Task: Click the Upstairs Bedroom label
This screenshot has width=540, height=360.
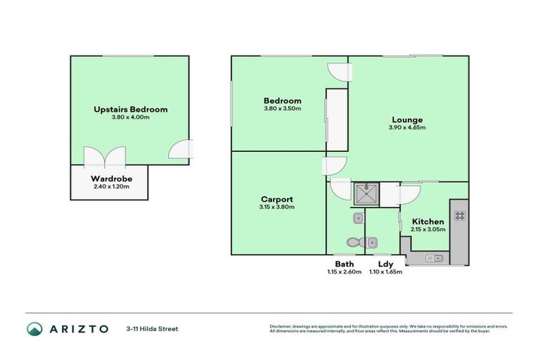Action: [x=130, y=110]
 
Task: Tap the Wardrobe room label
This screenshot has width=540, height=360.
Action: [x=111, y=179]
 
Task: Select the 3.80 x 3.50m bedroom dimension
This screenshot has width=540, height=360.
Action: [x=282, y=108]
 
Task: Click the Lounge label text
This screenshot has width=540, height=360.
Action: [x=407, y=120]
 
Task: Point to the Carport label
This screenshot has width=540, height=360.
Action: [x=276, y=199]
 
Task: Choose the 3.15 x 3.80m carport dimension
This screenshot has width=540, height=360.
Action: [x=276, y=207]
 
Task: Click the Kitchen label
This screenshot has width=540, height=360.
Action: [x=427, y=221]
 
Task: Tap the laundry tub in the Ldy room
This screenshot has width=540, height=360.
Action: [x=372, y=243]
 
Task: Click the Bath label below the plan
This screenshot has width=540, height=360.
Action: [x=344, y=264]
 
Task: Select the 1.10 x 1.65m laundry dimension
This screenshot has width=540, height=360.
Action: [x=386, y=272]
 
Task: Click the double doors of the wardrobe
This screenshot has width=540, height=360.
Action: [x=94, y=157]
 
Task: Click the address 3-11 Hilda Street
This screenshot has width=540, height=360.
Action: [x=152, y=328]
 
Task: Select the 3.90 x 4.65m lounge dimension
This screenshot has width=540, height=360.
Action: [x=407, y=127]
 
